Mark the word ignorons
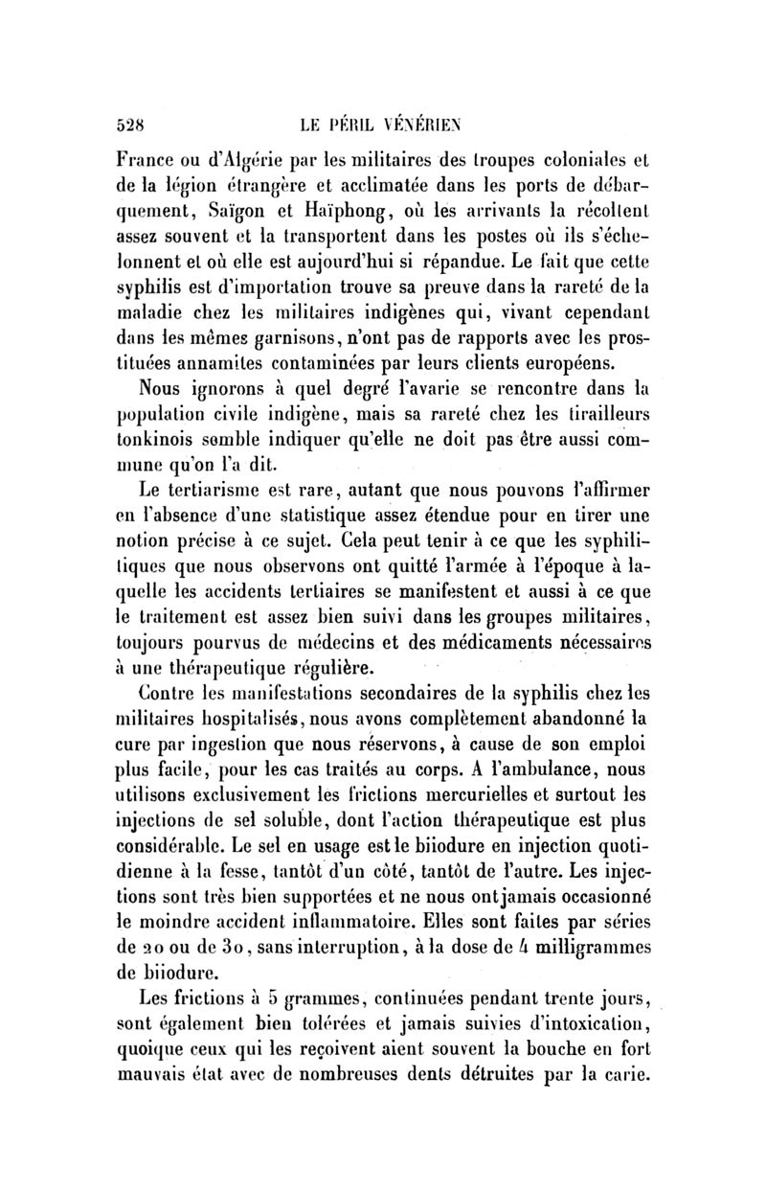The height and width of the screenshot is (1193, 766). tap(243, 391)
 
